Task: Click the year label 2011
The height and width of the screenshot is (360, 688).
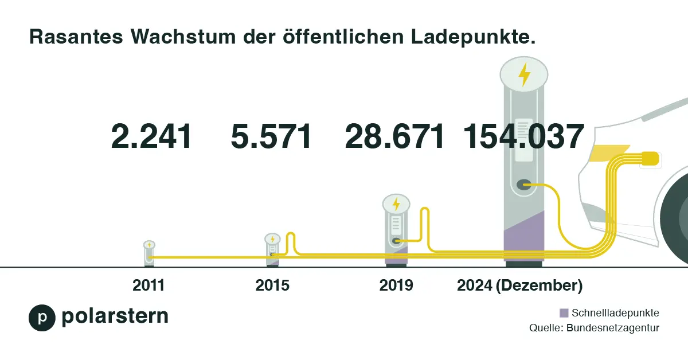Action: [148, 285]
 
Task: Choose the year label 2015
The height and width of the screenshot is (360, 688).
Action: [272, 285]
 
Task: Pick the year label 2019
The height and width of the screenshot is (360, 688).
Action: [396, 285]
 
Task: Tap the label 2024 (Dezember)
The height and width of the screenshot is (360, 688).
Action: [519, 285]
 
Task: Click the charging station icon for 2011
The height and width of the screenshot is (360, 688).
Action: [149, 253]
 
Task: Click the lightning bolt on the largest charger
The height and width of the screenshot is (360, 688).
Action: [524, 75]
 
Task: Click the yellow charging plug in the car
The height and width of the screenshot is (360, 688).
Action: [650, 158]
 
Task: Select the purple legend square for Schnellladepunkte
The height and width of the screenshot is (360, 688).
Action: [564, 313]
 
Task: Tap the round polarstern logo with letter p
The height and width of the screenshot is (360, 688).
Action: [42, 318]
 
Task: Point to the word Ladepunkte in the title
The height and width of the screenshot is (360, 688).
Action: [474, 37]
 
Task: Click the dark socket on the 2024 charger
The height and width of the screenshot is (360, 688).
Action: [523, 185]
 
